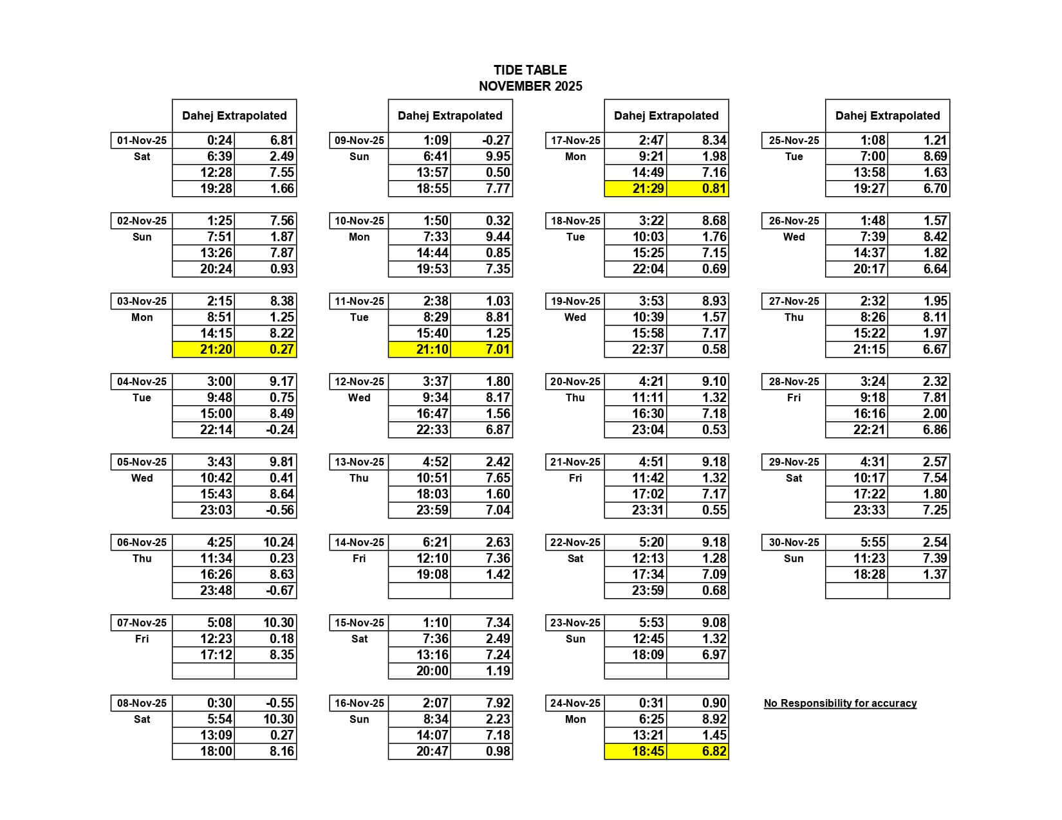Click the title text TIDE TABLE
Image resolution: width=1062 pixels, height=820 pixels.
(x=530, y=70)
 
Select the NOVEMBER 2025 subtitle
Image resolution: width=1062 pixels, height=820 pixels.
(x=530, y=86)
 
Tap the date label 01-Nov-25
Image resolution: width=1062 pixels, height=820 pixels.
(x=142, y=140)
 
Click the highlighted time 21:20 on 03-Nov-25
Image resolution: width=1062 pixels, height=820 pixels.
(x=216, y=349)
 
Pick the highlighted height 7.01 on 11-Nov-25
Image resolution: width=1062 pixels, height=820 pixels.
(x=498, y=349)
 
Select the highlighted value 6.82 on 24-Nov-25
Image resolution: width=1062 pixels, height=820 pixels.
(x=714, y=751)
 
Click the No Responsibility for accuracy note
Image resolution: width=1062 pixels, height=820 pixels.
(x=840, y=703)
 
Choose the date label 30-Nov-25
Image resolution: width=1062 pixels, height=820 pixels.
(x=794, y=542)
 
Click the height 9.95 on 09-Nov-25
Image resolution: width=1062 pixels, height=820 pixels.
(x=498, y=156)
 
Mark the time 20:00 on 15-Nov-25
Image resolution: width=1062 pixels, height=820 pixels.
(x=432, y=671)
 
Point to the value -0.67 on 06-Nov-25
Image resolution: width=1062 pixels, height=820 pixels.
(x=280, y=590)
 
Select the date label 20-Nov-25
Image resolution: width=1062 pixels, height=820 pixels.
(x=575, y=381)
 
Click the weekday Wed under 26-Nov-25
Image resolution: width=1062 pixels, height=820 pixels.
(x=794, y=237)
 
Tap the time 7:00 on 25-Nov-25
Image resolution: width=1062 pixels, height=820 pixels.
(x=873, y=156)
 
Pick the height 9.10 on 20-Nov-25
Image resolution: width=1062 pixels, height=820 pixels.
(x=714, y=381)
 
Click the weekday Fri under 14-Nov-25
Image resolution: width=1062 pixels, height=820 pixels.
(x=359, y=558)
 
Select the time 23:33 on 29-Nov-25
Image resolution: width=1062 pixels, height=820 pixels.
(x=869, y=510)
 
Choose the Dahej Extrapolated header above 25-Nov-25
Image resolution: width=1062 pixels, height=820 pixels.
(x=887, y=116)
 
